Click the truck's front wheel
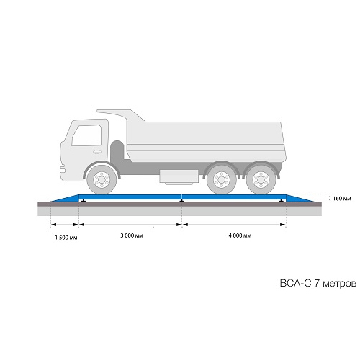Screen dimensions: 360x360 click(102, 179)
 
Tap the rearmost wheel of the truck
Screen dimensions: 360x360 click(261, 179)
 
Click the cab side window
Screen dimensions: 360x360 click(87, 135)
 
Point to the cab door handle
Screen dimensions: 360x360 click(96, 152)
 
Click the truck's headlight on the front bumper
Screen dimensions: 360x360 click(62, 170)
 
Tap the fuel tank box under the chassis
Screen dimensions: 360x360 click(179, 176)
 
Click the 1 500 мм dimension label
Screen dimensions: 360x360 click(66, 238)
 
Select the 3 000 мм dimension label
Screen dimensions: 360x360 click(132, 235)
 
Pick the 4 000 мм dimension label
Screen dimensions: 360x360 click(240, 235)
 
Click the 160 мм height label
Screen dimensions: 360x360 click(342, 199)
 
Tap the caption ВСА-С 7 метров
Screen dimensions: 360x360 click(318, 283)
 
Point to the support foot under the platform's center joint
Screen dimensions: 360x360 click(182, 201)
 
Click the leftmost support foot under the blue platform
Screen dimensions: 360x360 click(83, 201)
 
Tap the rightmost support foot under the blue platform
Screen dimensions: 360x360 click(281, 201)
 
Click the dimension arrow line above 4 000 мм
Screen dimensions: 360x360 click(234, 225)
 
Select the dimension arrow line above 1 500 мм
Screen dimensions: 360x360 click(65, 225)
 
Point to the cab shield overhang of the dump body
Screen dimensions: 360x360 click(121, 115)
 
